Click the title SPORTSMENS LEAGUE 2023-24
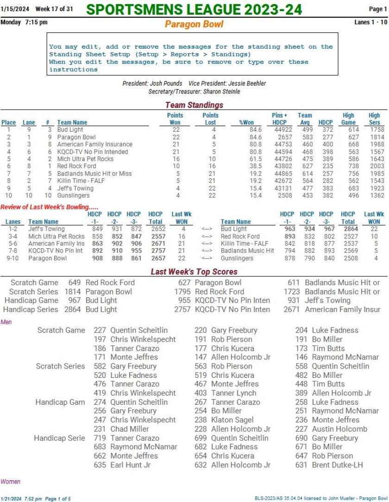(x=194, y=9)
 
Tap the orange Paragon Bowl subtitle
(x=194, y=24)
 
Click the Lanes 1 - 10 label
(x=371, y=22)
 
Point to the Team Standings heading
(x=194, y=105)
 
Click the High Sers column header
(x=374, y=119)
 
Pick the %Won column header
(x=247, y=123)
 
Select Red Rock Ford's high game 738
(x=348, y=166)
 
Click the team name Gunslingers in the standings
(x=74, y=196)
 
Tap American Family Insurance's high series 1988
(x=376, y=144)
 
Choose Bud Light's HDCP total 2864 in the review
(x=348, y=229)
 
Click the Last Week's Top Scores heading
(x=194, y=272)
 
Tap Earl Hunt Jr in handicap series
(x=130, y=464)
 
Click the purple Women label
(x=11, y=482)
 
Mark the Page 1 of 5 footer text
(x=57, y=499)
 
